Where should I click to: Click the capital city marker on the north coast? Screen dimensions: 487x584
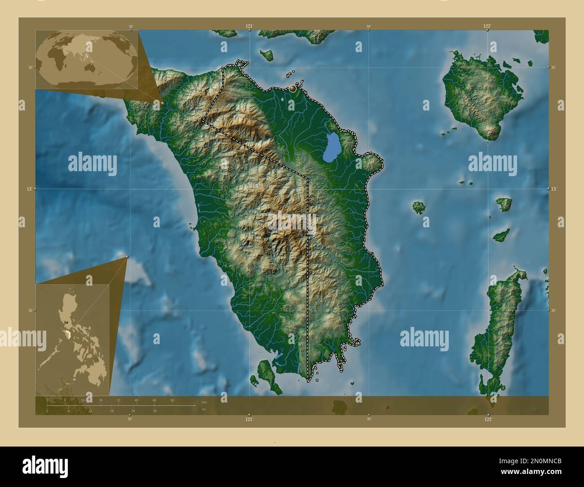pos(293,89)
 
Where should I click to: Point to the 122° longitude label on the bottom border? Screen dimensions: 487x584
pos(488,419)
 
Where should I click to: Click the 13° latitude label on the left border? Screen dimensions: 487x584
pos(28,189)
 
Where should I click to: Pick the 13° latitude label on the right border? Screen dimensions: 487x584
pos(554,189)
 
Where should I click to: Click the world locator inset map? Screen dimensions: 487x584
pos(87,59)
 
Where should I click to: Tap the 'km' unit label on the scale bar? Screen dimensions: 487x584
pos(204,401)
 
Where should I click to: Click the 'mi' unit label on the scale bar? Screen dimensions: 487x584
pos(204,409)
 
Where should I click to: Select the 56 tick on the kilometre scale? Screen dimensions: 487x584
pos(172,400)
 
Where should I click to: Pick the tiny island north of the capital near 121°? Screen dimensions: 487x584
pos(268,55)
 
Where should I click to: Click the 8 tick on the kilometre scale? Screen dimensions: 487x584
pos(65,400)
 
